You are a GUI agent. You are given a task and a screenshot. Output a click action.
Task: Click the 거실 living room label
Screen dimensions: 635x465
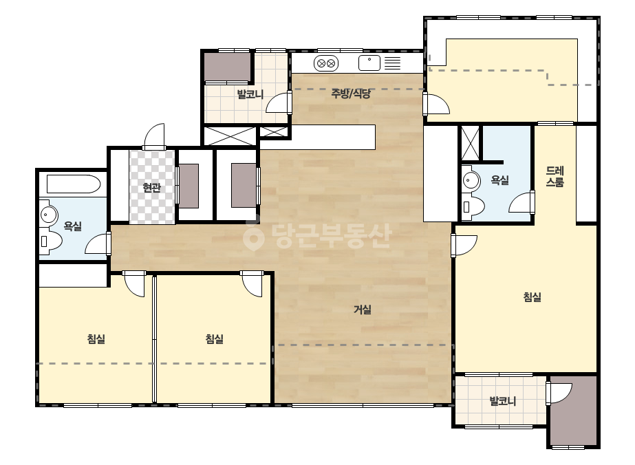[x=363, y=310]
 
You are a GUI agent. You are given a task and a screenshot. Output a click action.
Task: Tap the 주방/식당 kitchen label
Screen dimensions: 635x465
[x=351, y=94]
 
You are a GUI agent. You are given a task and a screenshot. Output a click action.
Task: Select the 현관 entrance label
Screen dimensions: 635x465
[x=152, y=188]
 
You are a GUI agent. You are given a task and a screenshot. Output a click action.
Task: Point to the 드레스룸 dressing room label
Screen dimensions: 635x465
[x=555, y=177]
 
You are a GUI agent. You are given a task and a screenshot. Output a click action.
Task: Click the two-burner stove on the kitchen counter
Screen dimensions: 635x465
[x=326, y=63]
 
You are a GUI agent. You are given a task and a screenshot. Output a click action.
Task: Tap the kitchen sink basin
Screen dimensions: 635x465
[x=369, y=63]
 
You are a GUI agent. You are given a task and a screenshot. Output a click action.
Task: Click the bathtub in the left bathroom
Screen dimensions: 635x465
[x=74, y=184]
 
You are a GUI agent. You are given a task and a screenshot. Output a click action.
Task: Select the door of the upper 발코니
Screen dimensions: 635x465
[x=279, y=102]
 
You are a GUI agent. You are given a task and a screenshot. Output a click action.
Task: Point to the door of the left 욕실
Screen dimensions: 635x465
[x=98, y=244]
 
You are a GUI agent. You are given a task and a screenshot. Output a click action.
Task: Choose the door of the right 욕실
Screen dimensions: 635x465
[x=521, y=202]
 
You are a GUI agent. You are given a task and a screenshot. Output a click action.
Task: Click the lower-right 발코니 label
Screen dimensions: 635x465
[x=503, y=402]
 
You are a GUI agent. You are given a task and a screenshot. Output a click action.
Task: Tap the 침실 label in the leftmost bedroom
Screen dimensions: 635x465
[x=96, y=338]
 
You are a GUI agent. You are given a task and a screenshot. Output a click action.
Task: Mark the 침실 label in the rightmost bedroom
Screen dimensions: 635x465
[x=532, y=297]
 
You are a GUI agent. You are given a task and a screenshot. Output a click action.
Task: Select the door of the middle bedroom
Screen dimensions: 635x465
[x=252, y=283]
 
